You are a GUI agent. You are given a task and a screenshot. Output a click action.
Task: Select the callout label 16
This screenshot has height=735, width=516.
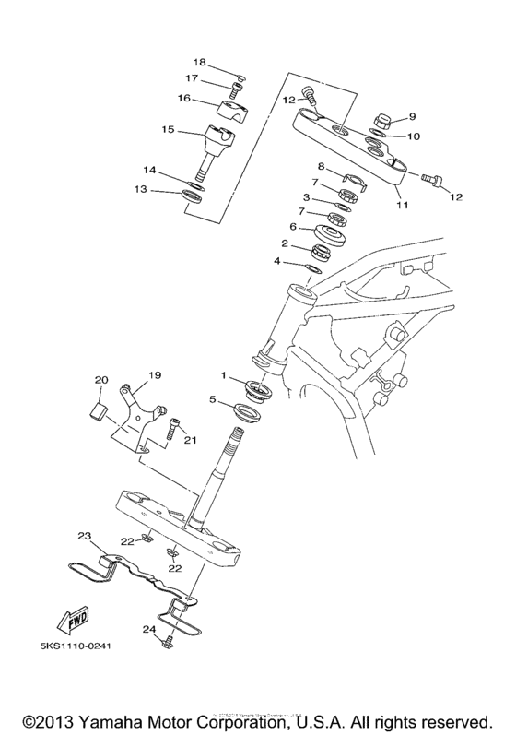(184, 98)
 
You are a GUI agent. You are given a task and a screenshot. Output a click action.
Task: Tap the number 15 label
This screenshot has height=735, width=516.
(168, 130)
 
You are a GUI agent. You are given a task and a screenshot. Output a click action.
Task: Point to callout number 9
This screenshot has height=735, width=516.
(412, 116)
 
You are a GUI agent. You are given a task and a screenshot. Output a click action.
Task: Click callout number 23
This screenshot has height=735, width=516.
(84, 536)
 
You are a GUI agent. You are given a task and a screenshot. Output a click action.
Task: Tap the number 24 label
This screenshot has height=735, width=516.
(147, 630)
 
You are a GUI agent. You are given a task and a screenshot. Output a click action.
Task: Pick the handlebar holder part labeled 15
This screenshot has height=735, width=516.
(218, 147)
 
